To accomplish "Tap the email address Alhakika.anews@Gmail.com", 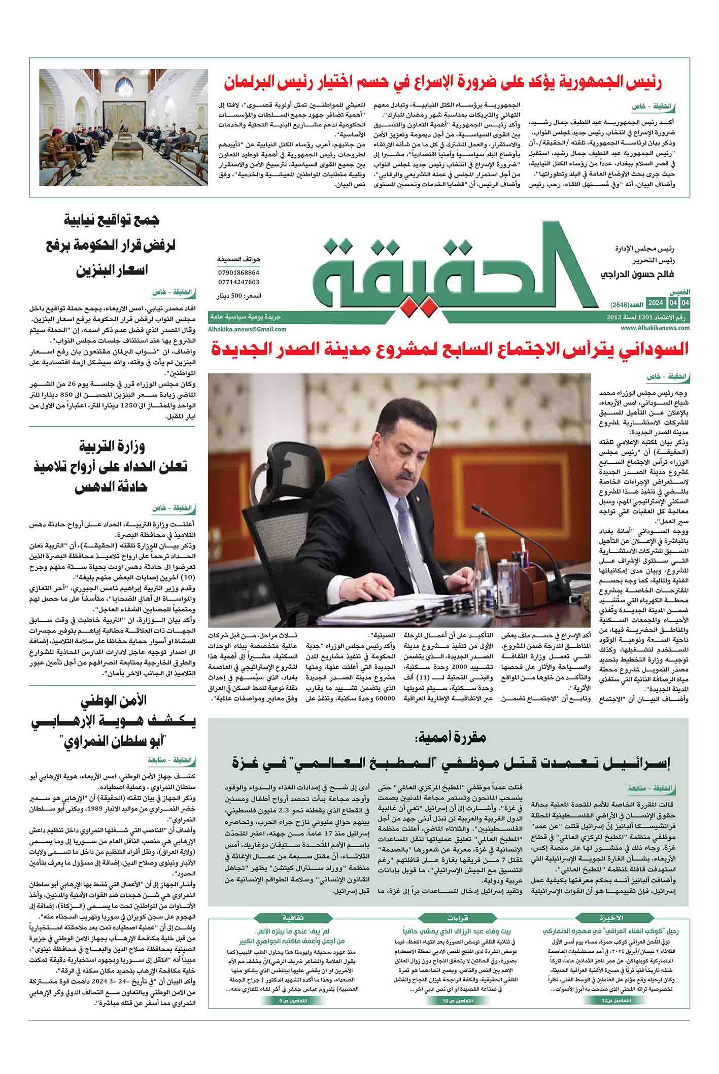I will (247, 329).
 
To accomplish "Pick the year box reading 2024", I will (656, 303).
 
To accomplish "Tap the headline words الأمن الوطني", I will (114, 701).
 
